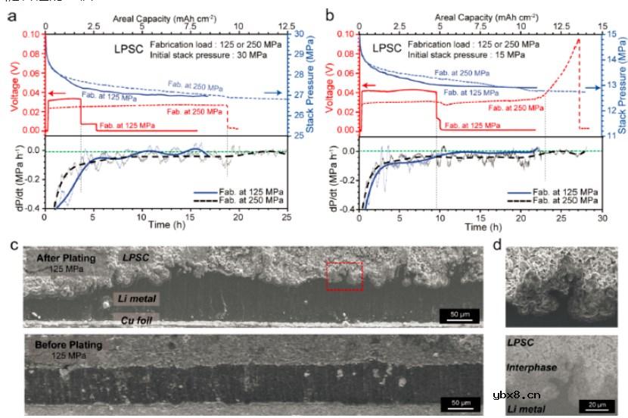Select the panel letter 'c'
(x=12, y=245)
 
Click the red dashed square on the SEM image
(x=344, y=276)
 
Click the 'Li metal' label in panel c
(x=137, y=299)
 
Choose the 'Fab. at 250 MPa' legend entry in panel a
(x=248, y=201)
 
